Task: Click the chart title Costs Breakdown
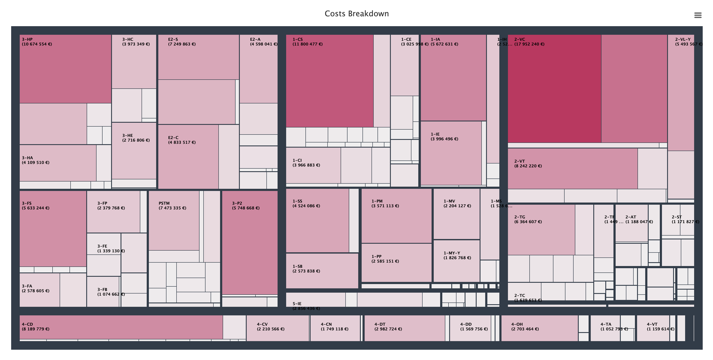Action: point(356,14)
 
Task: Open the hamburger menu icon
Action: point(698,15)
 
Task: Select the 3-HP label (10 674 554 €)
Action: point(37,42)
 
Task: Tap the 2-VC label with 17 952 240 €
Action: point(529,42)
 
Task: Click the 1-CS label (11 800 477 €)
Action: point(308,42)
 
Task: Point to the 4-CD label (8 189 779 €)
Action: point(35,327)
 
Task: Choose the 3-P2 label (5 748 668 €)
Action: point(246,206)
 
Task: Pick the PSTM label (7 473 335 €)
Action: point(172,206)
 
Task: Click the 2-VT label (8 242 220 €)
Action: point(528,164)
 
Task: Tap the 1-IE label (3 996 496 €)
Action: point(444,136)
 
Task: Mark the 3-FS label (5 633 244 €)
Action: point(35,206)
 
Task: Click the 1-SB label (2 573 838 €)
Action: point(306,269)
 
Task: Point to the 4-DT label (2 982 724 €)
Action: point(388,327)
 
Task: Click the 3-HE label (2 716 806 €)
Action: point(136,138)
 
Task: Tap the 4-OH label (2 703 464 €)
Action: point(525,327)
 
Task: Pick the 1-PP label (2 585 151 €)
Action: point(385,259)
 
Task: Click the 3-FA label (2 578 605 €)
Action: point(35,289)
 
